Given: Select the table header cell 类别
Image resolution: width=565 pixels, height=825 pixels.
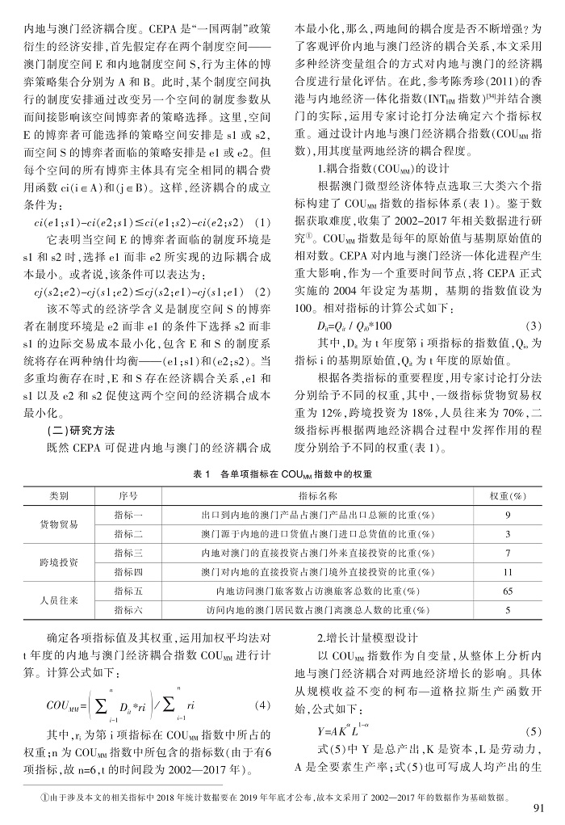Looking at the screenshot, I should tap(59, 494).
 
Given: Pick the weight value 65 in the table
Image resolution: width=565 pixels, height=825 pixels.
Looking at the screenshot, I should tap(507, 591).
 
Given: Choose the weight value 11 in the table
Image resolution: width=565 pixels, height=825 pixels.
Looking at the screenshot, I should tap(507, 572).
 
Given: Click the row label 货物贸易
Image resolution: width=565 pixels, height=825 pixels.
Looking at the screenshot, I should tap(59, 524).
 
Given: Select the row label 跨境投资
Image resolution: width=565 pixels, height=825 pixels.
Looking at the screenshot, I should tap(59, 562).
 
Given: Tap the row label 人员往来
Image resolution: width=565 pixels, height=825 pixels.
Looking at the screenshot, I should tap(59, 601).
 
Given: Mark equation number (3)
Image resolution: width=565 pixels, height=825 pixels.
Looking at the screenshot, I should tap(532, 325).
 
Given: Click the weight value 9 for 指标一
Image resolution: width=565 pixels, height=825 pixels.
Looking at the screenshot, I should tap(507, 514).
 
